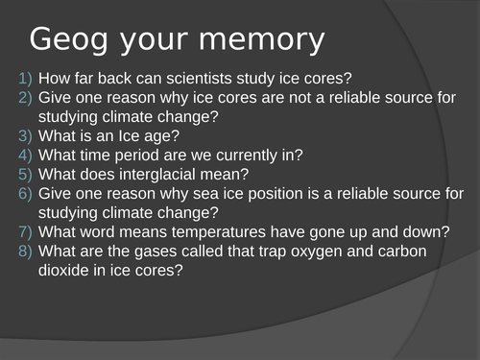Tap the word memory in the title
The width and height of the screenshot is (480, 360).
pyautogui.click(x=259, y=40)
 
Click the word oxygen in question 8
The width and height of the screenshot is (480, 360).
pyautogui.click(x=304, y=252)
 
